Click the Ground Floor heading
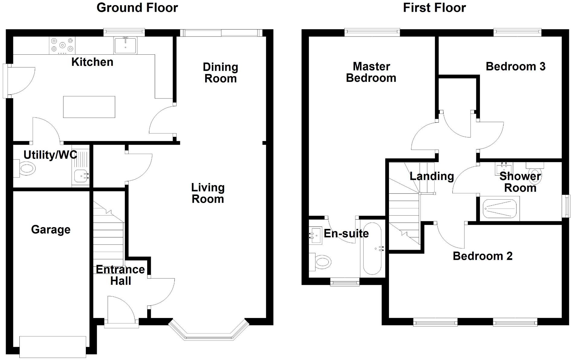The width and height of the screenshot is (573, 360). pyautogui.click(x=137, y=8)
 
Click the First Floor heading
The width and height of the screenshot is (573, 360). pyautogui.click(x=434, y=8)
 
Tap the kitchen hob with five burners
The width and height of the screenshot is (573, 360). pyautogui.click(x=62, y=45)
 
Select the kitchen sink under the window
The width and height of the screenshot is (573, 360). pyautogui.click(x=125, y=45)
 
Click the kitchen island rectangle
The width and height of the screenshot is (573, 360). pyautogui.click(x=89, y=107)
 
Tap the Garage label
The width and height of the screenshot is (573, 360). pyautogui.click(x=51, y=230)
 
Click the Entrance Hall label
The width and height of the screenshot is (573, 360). pyautogui.click(x=120, y=275)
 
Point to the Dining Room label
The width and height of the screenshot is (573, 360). pyautogui.click(x=220, y=73)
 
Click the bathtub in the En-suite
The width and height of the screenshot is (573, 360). pyautogui.click(x=372, y=248)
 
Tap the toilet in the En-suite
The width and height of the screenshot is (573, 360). pyautogui.click(x=321, y=262)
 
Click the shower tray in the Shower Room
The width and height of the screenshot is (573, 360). pyautogui.click(x=500, y=208)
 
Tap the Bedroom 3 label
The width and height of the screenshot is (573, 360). pyautogui.click(x=515, y=66)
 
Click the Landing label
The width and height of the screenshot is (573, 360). pyautogui.click(x=432, y=176)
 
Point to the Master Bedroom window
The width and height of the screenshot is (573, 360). pyautogui.click(x=372, y=32)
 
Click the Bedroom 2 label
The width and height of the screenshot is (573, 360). pyautogui.click(x=482, y=256)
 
